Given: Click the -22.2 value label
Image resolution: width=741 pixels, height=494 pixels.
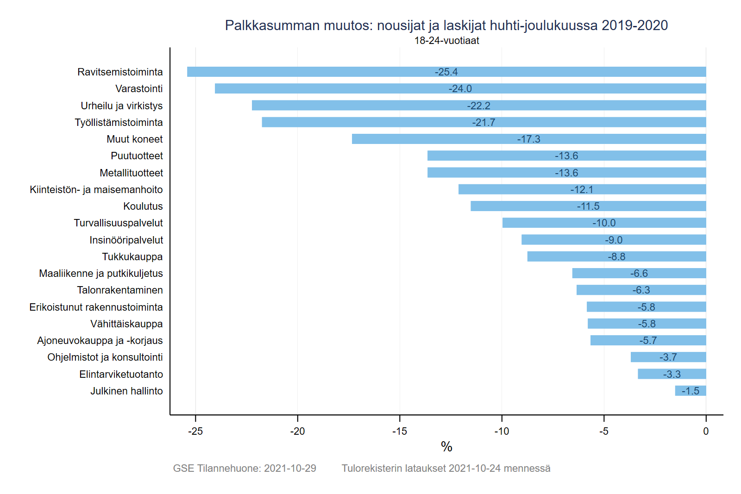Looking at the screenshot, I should click(478, 106).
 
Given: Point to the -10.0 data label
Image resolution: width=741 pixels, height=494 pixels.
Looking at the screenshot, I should click(604, 223).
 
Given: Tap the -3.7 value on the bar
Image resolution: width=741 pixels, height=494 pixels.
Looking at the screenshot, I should click(668, 357).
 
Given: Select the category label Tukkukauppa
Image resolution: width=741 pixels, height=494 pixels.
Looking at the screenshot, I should click(132, 256).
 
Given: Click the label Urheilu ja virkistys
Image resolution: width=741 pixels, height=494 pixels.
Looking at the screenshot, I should click(122, 106).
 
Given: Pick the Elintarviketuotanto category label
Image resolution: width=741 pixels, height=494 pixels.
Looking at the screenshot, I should click(121, 374).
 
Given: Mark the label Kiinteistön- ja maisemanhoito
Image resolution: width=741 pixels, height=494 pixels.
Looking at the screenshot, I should click(96, 189).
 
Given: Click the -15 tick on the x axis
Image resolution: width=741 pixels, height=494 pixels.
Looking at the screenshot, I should click(399, 431).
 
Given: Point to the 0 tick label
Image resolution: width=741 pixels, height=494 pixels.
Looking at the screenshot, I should click(706, 431).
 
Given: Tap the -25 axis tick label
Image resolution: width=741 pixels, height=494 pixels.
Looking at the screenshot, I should click(195, 431).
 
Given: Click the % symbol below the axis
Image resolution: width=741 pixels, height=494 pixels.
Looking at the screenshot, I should click(446, 447).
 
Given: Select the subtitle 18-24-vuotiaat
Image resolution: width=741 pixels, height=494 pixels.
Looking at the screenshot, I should click(446, 41).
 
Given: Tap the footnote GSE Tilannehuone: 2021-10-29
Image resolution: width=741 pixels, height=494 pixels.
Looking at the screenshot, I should click(245, 469).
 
